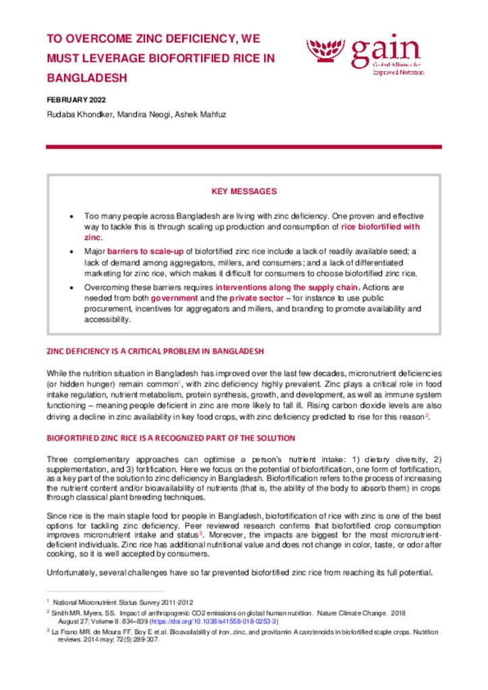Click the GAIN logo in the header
point(364,57)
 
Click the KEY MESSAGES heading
point(244,191)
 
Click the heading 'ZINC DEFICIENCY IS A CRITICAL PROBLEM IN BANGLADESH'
point(154,351)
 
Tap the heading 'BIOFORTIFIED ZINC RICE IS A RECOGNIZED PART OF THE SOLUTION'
point(171,438)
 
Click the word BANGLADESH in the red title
point(87,77)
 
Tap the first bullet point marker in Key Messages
point(72,216)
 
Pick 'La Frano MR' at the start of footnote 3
point(71,632)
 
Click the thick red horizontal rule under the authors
point(244,147)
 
